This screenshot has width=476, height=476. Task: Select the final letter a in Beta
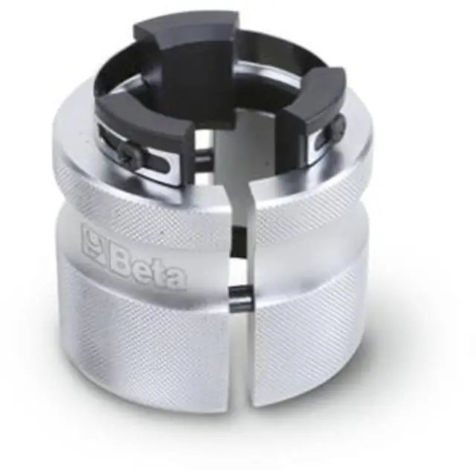(176, 277)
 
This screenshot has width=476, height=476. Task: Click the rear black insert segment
(186, 58)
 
